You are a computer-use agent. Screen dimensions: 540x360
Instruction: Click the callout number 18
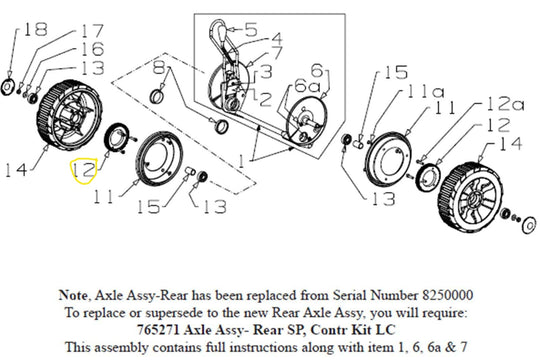point(35,29)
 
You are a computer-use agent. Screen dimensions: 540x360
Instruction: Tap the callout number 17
point(92,31)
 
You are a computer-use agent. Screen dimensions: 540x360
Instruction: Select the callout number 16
point(92,49)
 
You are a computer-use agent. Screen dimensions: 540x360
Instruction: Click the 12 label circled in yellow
point(84,170)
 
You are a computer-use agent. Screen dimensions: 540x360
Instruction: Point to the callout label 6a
point(307,86)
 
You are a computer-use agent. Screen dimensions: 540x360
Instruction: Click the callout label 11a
point(426,92)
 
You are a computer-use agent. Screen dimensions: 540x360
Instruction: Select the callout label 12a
point(506,104)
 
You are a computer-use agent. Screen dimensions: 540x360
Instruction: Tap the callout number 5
point(251,29)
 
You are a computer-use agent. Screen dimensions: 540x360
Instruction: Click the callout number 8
point(159,67)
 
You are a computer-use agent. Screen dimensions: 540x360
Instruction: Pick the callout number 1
point(242,161)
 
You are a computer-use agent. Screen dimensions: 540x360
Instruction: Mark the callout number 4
point(275,39)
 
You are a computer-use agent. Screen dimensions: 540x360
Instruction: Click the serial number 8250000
point(447,296)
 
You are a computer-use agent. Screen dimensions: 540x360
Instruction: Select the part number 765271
point(158,330)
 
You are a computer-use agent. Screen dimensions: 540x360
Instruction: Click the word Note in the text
point(73,296)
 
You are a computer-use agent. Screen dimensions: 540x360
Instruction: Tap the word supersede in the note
point(174,313)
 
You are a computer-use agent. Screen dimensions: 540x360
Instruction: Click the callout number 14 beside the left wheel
point(16,170)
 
